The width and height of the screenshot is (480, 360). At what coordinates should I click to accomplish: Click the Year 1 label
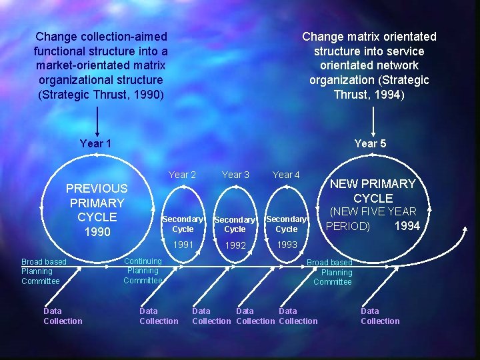point(95,143)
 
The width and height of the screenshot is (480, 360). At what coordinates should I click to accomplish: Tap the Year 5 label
point(370,143)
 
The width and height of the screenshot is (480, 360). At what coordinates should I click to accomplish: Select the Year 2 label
point(182,175)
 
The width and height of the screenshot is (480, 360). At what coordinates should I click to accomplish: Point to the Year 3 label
point(235,175)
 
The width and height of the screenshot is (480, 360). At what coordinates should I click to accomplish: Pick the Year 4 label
point(286,175)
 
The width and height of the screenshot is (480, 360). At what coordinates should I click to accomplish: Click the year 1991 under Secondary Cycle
point(183,245)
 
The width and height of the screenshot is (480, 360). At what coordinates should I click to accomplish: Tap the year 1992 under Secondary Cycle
point(235,245)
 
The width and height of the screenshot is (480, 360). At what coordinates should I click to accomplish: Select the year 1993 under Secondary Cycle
point(287,245)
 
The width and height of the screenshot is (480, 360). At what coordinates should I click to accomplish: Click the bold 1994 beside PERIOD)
point(407,226)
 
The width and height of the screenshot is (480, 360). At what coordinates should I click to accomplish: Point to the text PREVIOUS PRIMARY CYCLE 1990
point(97,210)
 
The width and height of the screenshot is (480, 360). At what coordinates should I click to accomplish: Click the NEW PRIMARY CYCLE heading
point(373,191)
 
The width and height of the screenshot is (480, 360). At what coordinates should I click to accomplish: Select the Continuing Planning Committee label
point(143,271)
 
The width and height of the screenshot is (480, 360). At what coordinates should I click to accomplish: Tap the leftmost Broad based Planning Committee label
point(44,271)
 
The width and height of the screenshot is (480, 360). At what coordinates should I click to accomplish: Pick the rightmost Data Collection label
point(380,316)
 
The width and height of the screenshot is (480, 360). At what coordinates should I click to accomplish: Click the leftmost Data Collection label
point(63,316)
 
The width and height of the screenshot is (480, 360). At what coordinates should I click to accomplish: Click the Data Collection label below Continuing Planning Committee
point(159,316)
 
